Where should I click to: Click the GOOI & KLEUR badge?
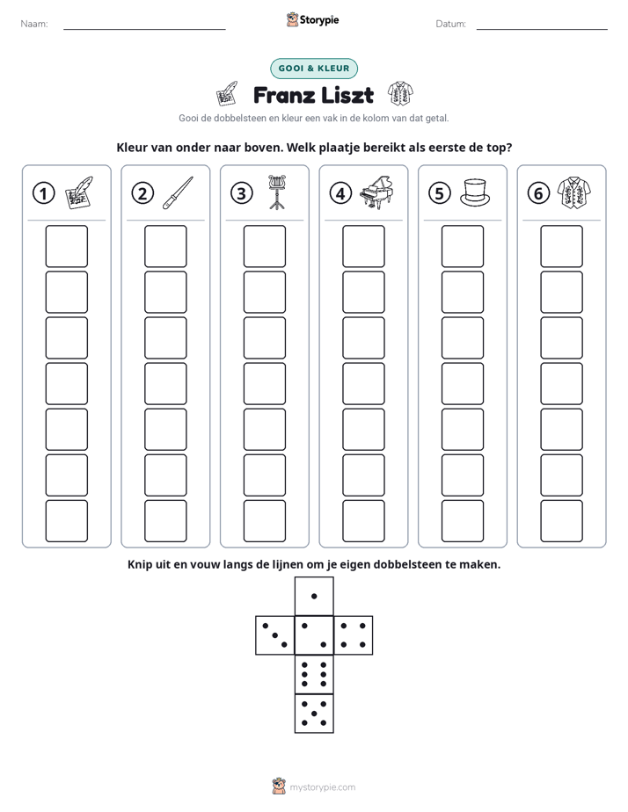[x=314, y=69]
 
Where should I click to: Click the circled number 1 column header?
[x=43, y=193]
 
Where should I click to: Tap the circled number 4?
[x=340, y=193]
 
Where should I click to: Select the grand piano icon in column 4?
[x=376, y=192]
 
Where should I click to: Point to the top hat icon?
[x=475, y=192]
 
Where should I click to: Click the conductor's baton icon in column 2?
[x=178, y=192]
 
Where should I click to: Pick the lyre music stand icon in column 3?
[x=277, y=192]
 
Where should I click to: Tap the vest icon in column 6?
[x=574, y=193]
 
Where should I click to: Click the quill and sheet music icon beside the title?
[x=227, y=94]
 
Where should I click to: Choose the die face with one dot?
[x=314, y=596]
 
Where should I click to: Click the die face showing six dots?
[x=314, y=674]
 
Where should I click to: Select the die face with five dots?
[x=314, y=714]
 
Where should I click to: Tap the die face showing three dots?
[x=275, y=635]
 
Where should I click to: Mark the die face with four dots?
[x=354, y=635]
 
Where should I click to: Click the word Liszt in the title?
[x=347, y=95]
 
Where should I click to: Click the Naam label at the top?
[x=34, y=24]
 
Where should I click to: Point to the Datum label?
[x=451, y=24]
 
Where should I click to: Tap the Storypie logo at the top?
[x=312, y=19]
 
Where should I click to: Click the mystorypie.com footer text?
[x=322, y=787]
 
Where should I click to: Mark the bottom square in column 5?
[x=463, y=521]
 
